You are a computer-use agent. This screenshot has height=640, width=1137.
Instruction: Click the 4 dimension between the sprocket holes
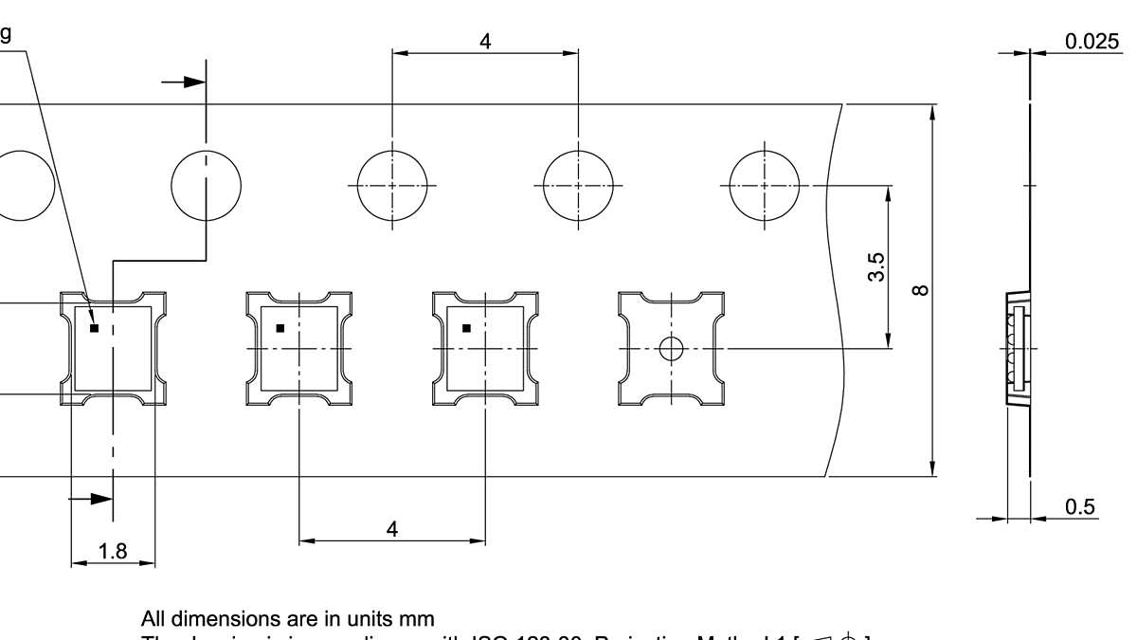coord(485,42)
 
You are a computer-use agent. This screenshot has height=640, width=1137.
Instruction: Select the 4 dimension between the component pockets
coord(392,529)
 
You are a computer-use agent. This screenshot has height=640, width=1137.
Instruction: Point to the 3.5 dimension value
coord(876,267)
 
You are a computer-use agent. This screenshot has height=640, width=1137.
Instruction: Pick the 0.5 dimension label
coord(1080,506)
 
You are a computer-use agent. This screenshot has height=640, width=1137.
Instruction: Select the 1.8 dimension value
coord(113,551)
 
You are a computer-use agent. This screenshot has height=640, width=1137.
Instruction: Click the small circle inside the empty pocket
coord(671,349)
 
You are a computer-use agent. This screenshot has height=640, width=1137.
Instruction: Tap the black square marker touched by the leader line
coord(94,328)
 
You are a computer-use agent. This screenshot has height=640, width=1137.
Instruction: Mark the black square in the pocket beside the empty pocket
coord(466,328)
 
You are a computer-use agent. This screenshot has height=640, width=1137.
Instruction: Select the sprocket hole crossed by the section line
coord(206,185)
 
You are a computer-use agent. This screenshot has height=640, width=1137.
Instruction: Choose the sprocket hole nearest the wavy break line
coord(764,185)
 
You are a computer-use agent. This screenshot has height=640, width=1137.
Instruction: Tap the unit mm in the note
coord(416,620)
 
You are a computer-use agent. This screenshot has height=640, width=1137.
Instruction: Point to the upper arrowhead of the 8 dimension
coord(932,113)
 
